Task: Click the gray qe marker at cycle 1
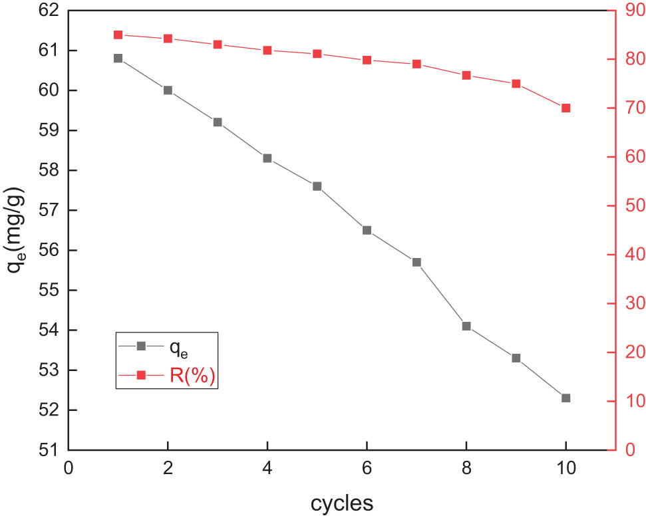point(118,59)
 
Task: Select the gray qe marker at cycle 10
point(565,398)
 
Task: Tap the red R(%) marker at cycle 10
point(565,108)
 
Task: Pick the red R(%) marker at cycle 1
point(118,35)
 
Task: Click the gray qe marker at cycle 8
point(466,326)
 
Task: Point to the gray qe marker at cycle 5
point(317,186)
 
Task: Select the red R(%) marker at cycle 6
point(367,60)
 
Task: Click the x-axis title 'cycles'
point(341,502)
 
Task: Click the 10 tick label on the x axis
point(565,467)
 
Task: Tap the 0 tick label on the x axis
point(68,467)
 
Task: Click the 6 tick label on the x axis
point(367,467)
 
